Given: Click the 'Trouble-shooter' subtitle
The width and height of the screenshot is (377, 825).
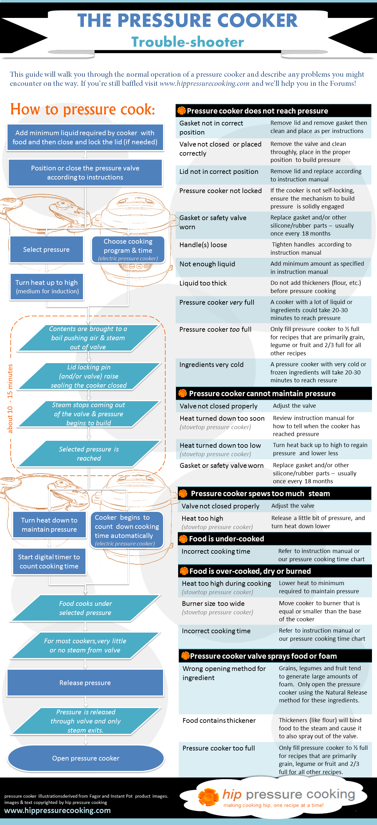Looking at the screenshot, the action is [x=188, y=42].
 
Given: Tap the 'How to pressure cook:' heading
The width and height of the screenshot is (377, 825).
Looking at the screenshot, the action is [x=83, y=109].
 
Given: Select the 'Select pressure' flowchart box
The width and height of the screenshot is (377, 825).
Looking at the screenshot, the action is [x=46, y=250].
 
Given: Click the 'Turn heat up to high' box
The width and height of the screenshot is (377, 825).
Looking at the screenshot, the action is [x=47, y=287].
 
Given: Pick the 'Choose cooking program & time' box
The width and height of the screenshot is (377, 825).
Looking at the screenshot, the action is [x=128, y=250].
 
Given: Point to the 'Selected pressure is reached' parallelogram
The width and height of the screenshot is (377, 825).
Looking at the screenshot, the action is [x=89, y=453].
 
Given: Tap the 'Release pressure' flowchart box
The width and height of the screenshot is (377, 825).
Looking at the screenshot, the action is [x=85, y=683].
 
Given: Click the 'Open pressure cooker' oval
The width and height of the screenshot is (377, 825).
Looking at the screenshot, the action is [x=86, y=758].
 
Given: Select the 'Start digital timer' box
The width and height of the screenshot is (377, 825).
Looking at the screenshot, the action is [x=49, y=562].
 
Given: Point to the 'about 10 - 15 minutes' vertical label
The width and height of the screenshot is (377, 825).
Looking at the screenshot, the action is [x=10, y=399].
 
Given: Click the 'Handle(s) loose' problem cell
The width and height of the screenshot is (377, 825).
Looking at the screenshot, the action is [x=203, y=245].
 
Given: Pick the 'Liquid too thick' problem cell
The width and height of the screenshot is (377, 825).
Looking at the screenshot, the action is [x=203, y=283].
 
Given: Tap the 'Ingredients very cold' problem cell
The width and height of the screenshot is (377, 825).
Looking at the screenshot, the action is [x=211, y=364].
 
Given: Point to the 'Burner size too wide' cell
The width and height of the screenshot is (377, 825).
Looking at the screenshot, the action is [x=213, y=603].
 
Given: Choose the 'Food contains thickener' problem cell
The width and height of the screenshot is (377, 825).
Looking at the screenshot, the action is [x=219, y=720].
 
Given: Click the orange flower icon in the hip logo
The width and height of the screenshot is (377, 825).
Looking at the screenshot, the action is [x=208, y=796].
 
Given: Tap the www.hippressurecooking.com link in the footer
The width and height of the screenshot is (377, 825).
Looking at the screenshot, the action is [x=57, y=810].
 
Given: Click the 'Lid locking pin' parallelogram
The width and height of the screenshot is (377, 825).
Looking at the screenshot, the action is [x=89, y=376].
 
